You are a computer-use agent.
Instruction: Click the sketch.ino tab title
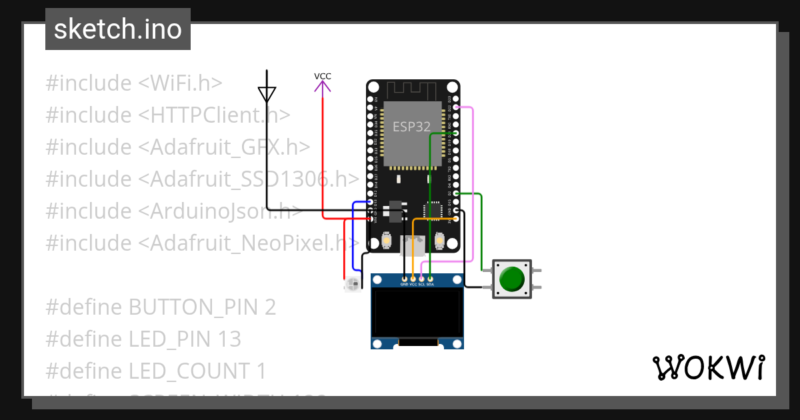point(117,29)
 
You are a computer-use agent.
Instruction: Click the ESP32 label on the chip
point(411,127)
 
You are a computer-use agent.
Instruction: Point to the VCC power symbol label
point(323,76)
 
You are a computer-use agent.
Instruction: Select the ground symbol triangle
point(267,94)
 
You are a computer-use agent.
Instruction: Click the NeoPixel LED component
point(352,285)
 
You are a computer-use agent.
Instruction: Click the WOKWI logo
point(708,367)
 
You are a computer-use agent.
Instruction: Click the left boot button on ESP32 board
point(387,240)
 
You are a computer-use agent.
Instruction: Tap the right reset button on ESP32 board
point(439,240)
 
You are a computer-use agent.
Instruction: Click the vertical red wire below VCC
point(323,153)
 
